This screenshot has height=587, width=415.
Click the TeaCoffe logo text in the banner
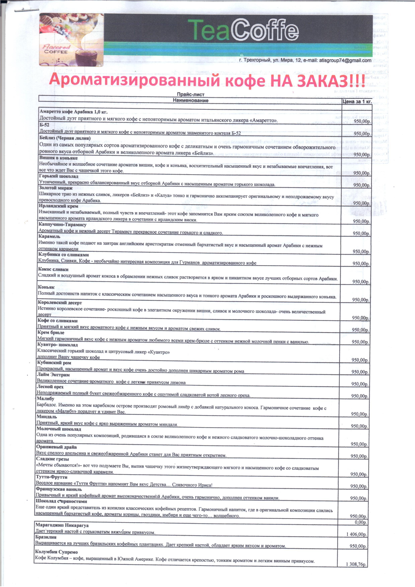pos(243,30)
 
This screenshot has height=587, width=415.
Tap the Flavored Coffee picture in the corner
pos(71,40)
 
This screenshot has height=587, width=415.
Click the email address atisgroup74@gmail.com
pos(345,61)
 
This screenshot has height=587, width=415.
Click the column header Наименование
pos(190,100)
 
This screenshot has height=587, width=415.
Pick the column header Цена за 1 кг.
pos(357,102)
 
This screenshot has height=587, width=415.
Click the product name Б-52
pos(44,125)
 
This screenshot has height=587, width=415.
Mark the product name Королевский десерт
pos(60,303)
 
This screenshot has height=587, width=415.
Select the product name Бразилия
pos(46,537)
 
